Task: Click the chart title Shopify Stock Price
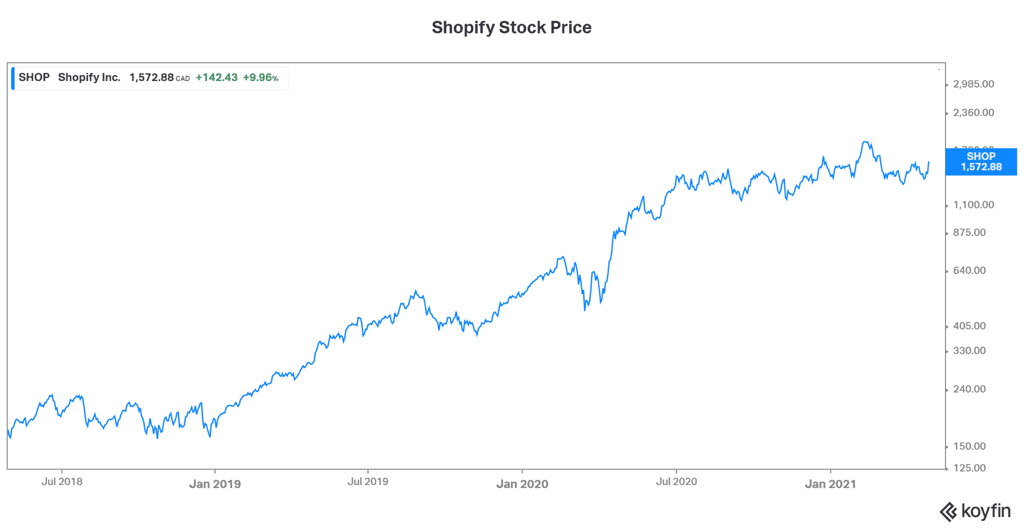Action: coord(511,27)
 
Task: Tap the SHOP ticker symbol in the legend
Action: coord(34,77)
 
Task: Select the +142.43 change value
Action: coord(216,77)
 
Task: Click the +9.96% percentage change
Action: coord(260,77)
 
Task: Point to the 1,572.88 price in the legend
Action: coord(151,77)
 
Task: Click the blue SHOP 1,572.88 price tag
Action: coord(981,161)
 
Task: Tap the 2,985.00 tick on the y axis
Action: coord(973,84)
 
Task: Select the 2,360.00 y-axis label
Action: coord(973,112)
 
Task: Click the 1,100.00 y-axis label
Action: coord(973,204)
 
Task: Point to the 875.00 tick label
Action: coord(969,232)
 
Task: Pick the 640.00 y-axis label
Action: coord(969,270)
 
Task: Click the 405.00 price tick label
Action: coord(969,326)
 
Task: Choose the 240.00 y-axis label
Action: coord(969,389)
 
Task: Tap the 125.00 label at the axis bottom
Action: coord(969,468)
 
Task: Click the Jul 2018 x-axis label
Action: coord(62,481)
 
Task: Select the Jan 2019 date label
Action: coord(215,484)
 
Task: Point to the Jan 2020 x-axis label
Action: coord(522,484)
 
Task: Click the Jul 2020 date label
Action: coord(676,481)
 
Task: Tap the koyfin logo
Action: coord(975,511)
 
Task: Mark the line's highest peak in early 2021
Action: coord(865,142)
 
